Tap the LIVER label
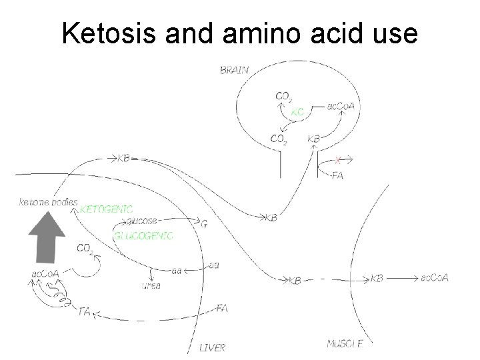(213, 346)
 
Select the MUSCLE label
(345, 344)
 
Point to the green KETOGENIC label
(106, 209)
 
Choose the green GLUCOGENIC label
(143, 235)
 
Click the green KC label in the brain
(297, 113)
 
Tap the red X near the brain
(339, 160)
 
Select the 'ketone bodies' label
(49, 201)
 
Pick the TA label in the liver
(85, 311)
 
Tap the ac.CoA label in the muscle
(434, 277)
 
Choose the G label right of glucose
(204, 225)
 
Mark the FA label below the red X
(337, 175)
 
